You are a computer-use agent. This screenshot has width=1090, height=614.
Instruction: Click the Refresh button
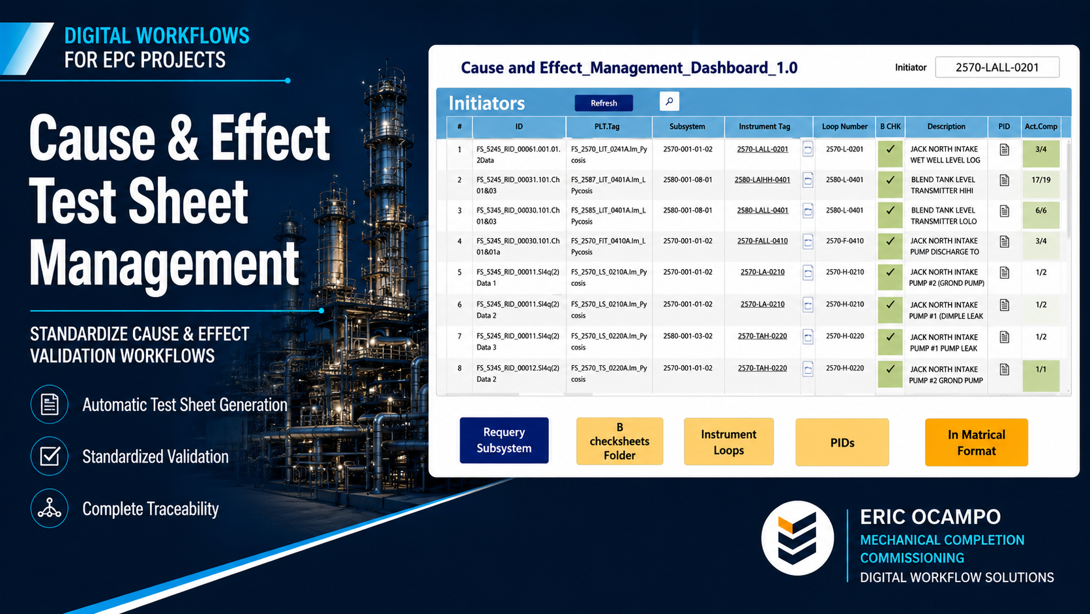[604, 102]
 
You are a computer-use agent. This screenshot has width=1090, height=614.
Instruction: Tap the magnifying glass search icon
[670, 101]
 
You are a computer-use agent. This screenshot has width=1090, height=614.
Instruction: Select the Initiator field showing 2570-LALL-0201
[997, 67]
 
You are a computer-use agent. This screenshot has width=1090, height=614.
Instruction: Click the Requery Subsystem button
[504, 440]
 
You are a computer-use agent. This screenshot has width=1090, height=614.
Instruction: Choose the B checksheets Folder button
[619, 441]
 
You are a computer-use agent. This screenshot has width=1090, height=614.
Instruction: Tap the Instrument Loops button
[728, 442]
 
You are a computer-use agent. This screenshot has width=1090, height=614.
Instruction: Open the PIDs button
[842, 442]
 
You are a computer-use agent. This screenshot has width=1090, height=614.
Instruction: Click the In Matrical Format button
[976, 442]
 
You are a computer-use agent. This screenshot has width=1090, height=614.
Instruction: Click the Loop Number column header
[844, 127]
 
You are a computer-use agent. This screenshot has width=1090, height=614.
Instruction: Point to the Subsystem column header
[687, 127]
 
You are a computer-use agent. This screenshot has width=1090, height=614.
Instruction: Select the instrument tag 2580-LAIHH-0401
[762, 179]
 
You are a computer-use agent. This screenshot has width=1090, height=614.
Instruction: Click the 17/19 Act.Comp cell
[1041, 185]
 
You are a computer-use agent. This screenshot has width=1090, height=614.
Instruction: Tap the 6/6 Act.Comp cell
[1041, 215]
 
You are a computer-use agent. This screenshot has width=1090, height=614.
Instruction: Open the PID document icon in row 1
[1005, 149]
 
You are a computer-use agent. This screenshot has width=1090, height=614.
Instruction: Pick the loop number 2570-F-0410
[844, 241]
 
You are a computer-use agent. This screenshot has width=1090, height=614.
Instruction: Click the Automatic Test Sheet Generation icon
[49, 404]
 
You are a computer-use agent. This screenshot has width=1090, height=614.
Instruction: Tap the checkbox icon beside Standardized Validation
[49, 456]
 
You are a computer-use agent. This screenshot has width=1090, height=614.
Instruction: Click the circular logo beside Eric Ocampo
[797, 538]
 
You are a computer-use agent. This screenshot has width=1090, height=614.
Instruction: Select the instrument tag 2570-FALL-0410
[762, 241]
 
